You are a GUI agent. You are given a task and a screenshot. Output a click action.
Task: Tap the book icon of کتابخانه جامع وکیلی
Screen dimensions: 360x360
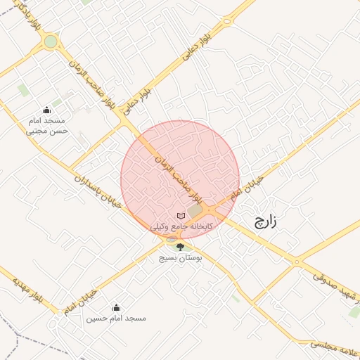coord(181,214)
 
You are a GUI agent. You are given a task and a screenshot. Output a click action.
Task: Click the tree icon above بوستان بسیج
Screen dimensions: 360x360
coord(180,246)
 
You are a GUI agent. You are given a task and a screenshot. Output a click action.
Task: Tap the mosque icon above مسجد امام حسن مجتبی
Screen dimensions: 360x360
coord(47,110)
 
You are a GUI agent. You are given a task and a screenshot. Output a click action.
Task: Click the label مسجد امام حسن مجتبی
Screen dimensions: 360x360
coord(46,125)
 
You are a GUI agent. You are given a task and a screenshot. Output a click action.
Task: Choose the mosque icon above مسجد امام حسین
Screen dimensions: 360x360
coord(117,307)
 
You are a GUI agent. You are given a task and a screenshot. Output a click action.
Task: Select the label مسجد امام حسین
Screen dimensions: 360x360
coord(117,319)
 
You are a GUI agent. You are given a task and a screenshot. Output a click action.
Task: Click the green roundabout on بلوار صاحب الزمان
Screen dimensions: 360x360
coord(51,41)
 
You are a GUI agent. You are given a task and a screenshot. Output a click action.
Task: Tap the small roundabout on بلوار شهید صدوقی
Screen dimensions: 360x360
coord(297,262)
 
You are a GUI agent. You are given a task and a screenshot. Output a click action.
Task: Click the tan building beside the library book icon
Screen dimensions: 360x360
coord(195,211)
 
